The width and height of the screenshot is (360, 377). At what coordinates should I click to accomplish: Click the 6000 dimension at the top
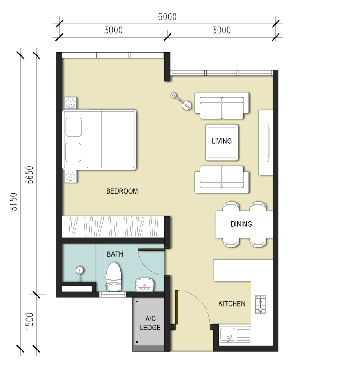pyautogui.click(x=168, y=17)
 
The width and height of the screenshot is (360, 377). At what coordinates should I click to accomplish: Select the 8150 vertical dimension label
pyautogui.click(x=13, y=202)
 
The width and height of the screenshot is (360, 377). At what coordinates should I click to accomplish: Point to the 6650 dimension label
pyautogui.click(x=29, y=175)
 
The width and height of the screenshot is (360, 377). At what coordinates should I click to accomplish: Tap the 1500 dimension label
pyautogui.click(x=29, y=322)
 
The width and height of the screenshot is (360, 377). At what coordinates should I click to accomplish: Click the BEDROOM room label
pyautogui.click(x=122, y=191)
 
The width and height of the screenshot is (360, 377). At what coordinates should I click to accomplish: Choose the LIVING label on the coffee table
pyautogui.click(x=222, y=141)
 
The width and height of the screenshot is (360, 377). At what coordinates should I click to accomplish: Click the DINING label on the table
pyautogui.click(x=241, y=224)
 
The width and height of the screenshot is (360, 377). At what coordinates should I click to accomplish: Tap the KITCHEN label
pyautogui.click(x=232, y=304)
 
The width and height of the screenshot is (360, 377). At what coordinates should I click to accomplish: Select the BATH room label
pyautogui.click(x=115, y=254)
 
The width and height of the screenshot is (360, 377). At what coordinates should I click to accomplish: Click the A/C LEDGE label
pyautogui.click(x=150, y=323)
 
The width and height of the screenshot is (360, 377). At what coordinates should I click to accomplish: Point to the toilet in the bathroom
pyautogui.click(x=114, y=277)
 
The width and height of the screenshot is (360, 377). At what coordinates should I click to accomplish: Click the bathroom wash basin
pyautogui.click(x=144, y=285)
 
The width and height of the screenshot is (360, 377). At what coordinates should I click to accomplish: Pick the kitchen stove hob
pyautogui.click(x=260, y=304)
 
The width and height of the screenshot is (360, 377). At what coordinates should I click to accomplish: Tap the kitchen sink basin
pyautogui.click(x=227, y=334)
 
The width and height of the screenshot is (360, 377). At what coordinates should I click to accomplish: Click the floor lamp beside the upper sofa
pyautogui.click(x=182, y=101)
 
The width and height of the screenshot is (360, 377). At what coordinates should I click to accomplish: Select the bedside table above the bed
pyautogui.click(x=71, y=103)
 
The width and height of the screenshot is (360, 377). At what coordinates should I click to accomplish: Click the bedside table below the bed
pyautogui.click(x=71, y=176)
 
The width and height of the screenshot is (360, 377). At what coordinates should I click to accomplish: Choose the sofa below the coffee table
pyautogui.click(x=222, y=179)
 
